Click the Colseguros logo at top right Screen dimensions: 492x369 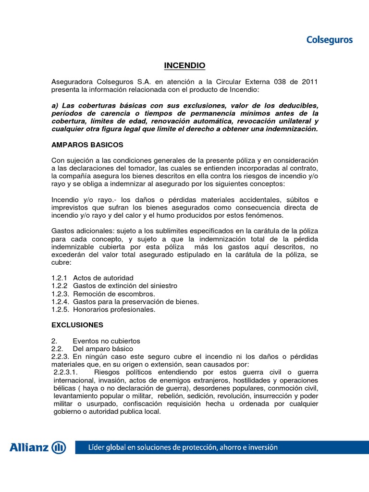(x=329, y=40)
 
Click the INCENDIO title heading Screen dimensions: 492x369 (x=184, y=65)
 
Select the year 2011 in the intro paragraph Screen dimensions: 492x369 (x=308, y=82)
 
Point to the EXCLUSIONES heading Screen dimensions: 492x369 (x=77, y=325)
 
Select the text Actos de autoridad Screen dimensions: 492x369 (x=103, y=278)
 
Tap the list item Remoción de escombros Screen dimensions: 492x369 (x=114, y=294)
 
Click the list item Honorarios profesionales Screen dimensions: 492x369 (x=114, y=309)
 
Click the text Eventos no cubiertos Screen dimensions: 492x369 (x=106, y=341)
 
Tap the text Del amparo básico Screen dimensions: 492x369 (x=103, y=348)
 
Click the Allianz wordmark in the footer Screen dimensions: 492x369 (x=29, y=448)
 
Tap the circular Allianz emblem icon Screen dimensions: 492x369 (x=59, y=448)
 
